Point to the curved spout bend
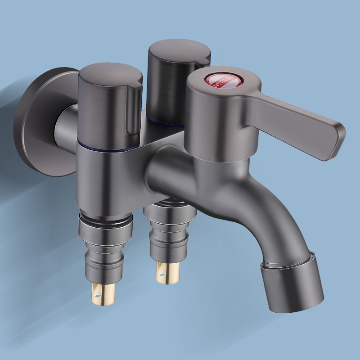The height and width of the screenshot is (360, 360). point(270,211)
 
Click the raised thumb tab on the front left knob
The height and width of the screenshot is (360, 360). point(133,108)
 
